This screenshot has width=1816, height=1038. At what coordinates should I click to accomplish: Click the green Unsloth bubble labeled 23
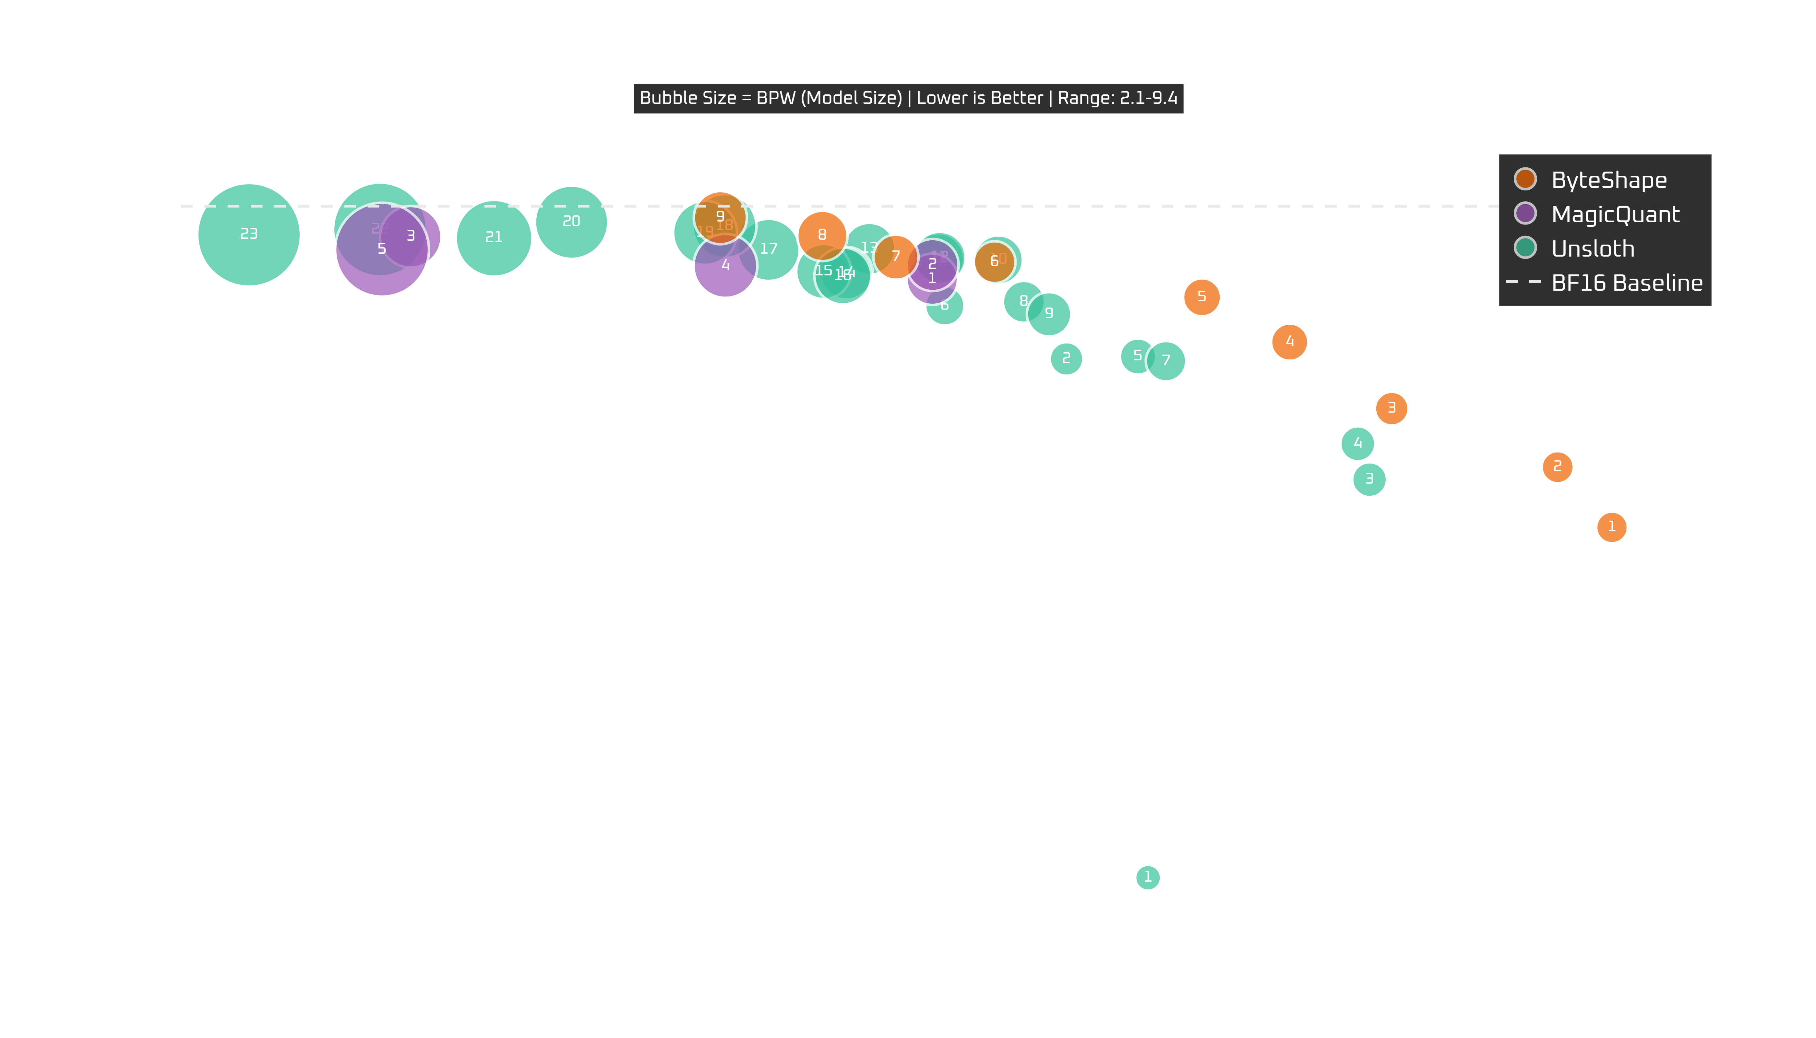[x=249, y=235]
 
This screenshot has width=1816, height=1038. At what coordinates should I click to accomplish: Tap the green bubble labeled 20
[x=572, y=222]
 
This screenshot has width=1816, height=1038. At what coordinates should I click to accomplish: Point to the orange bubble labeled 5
[x=1201, y=296]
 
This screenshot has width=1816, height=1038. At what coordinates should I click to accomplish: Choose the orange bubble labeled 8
[x=822, y=235]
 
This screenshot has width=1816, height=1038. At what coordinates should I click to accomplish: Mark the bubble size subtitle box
[x=908, y=98]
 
